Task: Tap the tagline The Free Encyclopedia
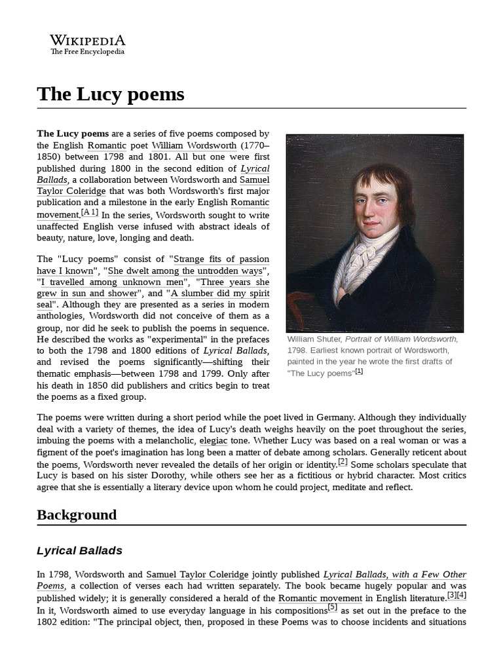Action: pyautogui.click(x=87, y=52)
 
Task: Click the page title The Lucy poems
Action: pyautogui.click(x=111, y=94)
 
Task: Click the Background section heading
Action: pyautogui.click(x=77, y=514)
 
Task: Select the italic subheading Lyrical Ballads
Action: pyautogui.click(x=79, y=550)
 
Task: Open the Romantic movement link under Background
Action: pyautogui.click(x=320, y=598)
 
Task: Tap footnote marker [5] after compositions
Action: pyautogui.click(x=332, y=607)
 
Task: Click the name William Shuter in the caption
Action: pyautogui.click(x=313, y=339)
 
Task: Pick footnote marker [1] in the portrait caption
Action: pyautogui.click(x=359, y=372)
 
